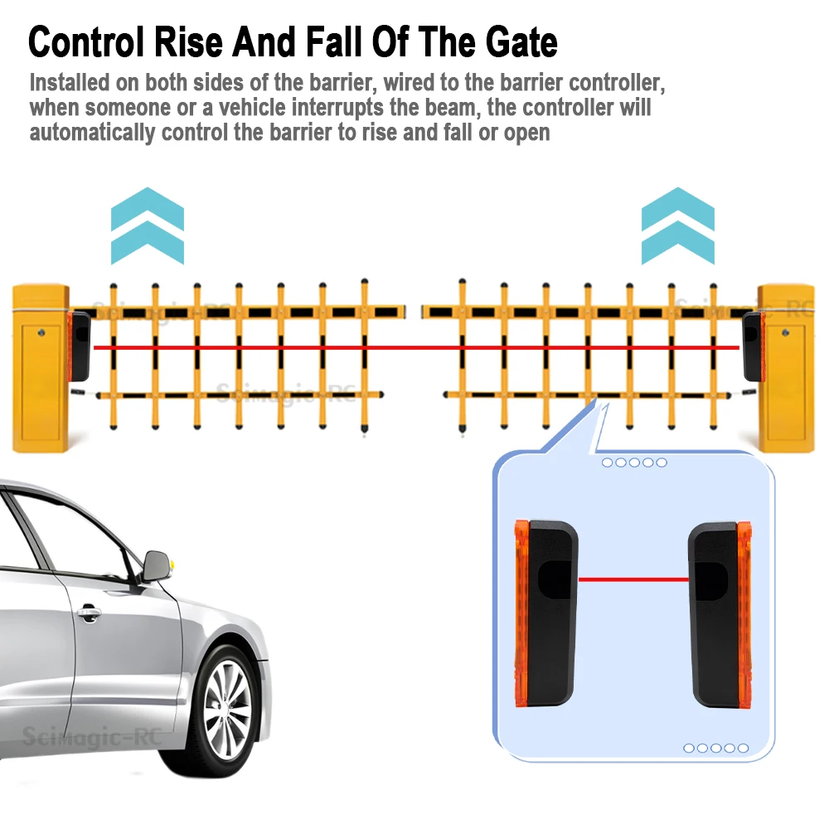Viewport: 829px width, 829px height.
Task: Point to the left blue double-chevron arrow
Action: click(147, 225)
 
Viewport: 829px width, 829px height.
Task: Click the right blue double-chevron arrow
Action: click(678, 225)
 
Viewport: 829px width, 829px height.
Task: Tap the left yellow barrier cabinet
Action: click(40, 368)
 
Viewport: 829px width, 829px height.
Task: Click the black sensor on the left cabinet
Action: click(80, 345)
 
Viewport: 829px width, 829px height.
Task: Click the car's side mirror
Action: click(157, 565)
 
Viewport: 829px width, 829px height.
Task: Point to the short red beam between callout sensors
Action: click(633, 579)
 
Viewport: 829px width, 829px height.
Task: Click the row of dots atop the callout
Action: click(633, 463)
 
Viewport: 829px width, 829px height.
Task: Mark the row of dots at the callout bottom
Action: click(715, 748)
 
